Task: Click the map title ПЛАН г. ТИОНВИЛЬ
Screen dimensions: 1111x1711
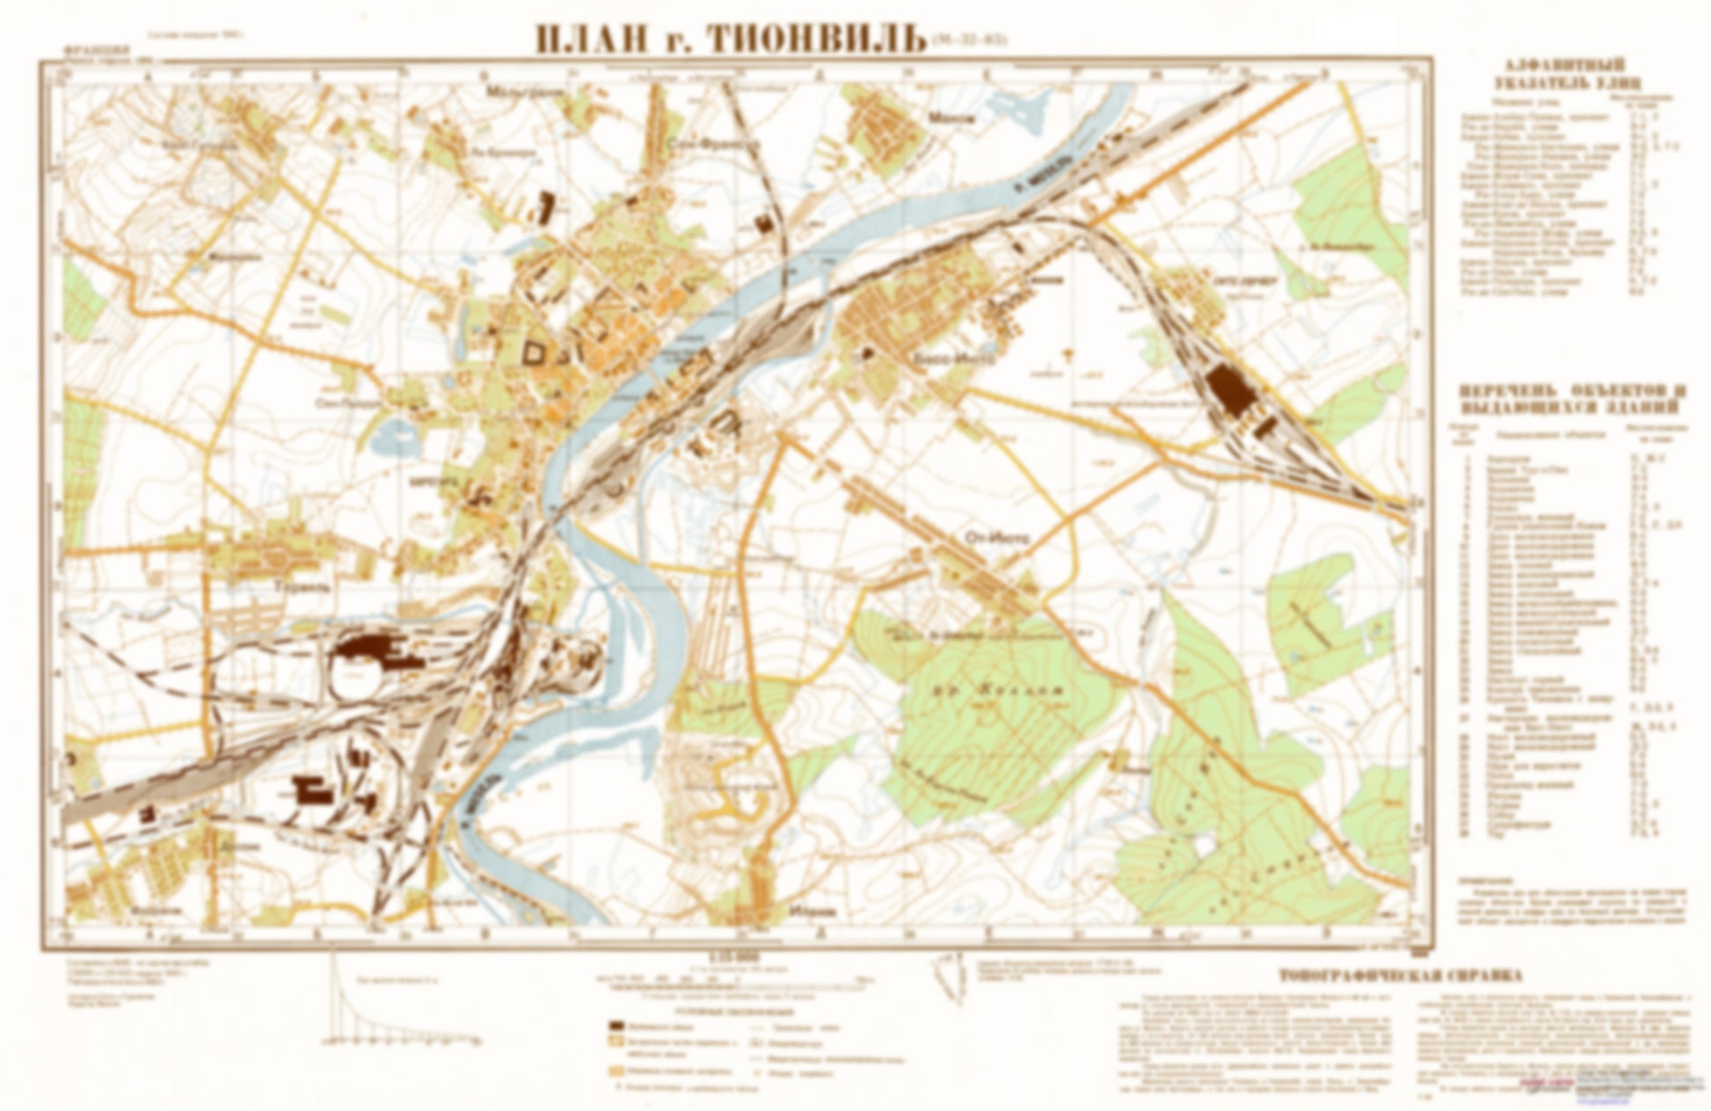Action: click(x=730, y=39)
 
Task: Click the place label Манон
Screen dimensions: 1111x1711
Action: click(x=957, y=117)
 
